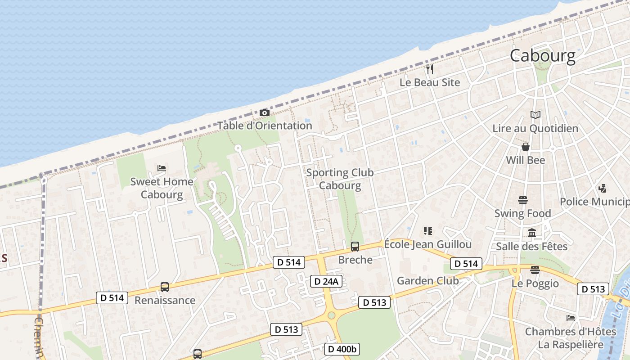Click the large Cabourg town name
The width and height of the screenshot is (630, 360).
point(542,55)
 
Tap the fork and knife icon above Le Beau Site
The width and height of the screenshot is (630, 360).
point(430,69)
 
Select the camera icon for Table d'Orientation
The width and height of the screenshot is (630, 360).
point(265,112)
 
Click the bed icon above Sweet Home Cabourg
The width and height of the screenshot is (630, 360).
point(162,168)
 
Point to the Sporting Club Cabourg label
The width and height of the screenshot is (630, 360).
point(340,179)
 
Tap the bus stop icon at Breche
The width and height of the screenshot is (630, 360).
point(355,246)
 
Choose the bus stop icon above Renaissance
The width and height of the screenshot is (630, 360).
point(165,287)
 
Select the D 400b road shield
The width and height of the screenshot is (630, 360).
point(342,349)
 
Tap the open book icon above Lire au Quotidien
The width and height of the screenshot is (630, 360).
point(535,115)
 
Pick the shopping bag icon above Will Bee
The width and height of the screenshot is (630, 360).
point(525,147)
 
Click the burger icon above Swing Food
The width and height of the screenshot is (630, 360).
point(522,200)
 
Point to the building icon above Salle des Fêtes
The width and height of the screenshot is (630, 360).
point(532,233)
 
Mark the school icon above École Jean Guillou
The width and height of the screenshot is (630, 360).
point(427,231)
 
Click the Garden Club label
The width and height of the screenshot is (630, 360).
point(427,281)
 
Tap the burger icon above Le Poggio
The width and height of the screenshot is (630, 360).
point(535,270)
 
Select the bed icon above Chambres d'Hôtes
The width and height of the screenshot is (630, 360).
point(571,318)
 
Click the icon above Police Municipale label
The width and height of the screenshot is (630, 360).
point(603,188)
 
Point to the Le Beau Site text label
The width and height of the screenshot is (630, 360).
point(430,82)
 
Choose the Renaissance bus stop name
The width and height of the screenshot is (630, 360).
point(165,300)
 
